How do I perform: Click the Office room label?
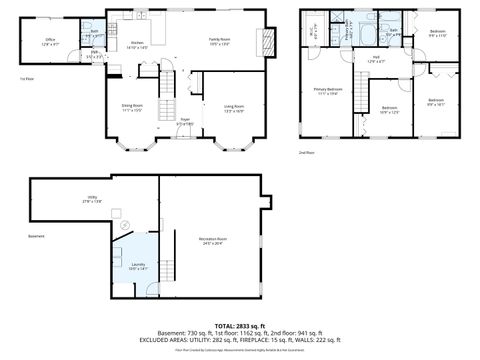(50, 42)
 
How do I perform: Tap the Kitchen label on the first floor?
(138, 44)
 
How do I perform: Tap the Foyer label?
(185, 120)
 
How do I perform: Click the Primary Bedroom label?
(328, 91)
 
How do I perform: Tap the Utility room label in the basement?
(92, 198)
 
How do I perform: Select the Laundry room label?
(138, 266)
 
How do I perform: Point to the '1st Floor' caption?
(26, 78)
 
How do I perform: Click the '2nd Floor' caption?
(306, 152)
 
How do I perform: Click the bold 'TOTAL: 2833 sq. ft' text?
(240, 326)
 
